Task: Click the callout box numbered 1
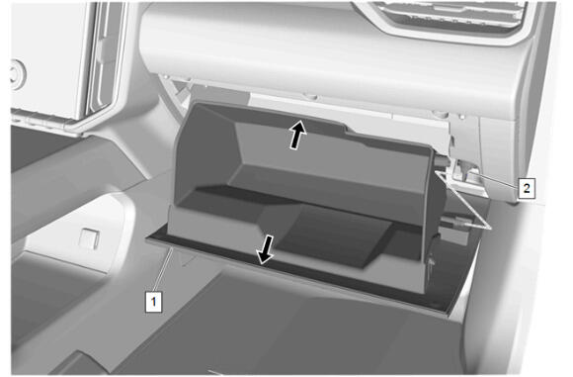153,302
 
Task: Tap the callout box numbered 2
527,188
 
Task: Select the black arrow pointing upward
297,135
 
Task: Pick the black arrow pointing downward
265,249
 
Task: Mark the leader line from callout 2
499,181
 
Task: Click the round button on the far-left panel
18,74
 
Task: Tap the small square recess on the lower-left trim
90,238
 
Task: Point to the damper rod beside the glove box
456,222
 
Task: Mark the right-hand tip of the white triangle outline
491,228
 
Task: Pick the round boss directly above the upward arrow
311,97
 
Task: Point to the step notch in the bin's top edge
346,129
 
